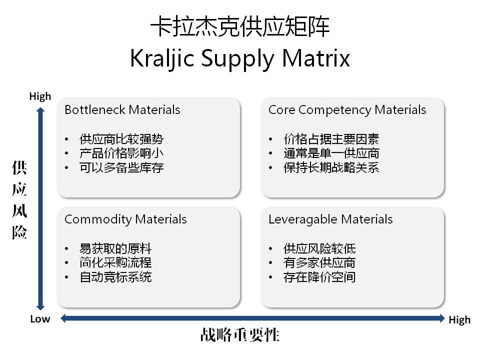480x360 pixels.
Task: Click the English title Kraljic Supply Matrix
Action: tap(239, 58)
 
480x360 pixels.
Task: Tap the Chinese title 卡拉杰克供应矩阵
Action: tap(240, 27)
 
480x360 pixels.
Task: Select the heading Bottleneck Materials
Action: tap(122, 110)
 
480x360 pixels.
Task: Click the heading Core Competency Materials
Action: tap(347, 110)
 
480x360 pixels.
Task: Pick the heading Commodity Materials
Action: tap(125, 219)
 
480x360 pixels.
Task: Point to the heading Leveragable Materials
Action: tap(330, 219)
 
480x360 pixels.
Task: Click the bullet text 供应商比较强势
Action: tap(121, 139)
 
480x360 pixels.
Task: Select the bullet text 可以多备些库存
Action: tap(121, 167)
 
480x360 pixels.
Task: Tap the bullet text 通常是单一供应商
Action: tap(331, 153)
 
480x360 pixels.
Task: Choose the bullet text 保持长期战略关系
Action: tap(331, 167)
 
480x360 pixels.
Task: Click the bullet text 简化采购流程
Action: tap(115, 262)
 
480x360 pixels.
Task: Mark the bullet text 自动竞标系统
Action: tap(115, 276)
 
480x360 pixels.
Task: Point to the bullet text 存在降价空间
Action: tap(319, 276)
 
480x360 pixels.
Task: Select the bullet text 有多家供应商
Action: tap(319, 262)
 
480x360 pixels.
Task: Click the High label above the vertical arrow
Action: tap(40, 96)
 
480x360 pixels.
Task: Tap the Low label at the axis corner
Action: tap(40, 319)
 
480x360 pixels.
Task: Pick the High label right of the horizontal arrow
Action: tap(459, 320)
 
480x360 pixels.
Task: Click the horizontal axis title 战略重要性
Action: tap(239, 335)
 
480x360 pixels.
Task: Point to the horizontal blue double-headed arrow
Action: tap(252, 318)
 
